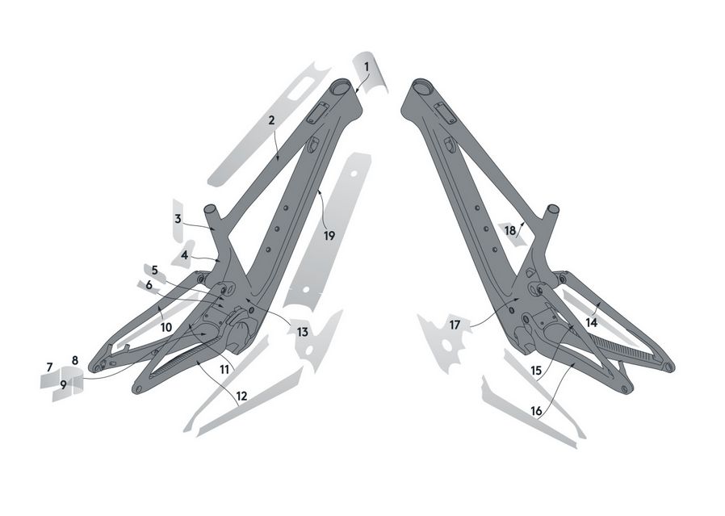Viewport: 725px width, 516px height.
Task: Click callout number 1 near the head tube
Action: pos(367,67)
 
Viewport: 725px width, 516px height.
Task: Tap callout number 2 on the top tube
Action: pos(271,120)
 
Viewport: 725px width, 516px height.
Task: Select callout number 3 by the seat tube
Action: pos(178,219)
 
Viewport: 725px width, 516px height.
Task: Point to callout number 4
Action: pos(185,254)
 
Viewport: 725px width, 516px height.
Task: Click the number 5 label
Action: pos(155,270)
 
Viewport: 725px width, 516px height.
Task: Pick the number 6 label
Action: pos(149,285)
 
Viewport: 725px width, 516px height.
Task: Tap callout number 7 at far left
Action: pos(49,367)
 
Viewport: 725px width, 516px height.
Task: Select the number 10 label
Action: pos(166,327)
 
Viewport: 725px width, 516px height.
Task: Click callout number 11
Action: pos(224,369)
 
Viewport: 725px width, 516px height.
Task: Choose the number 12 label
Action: pos(241,396)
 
